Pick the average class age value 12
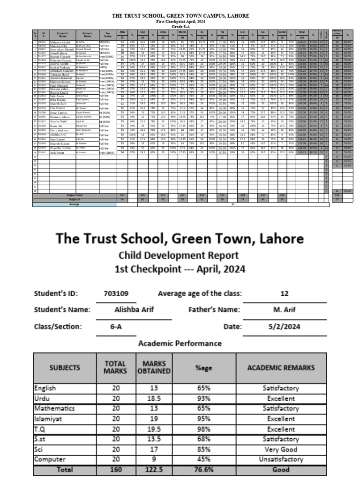click(x=285, y=294)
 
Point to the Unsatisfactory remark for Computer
click(x=281, y=459)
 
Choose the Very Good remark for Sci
click(x=281, y=449)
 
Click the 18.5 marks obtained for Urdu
click(x=154, y=398)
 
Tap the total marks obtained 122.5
click(x=154, y=469)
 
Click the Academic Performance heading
click(x=180, y=344)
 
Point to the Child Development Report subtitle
click(x=180, y=255)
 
